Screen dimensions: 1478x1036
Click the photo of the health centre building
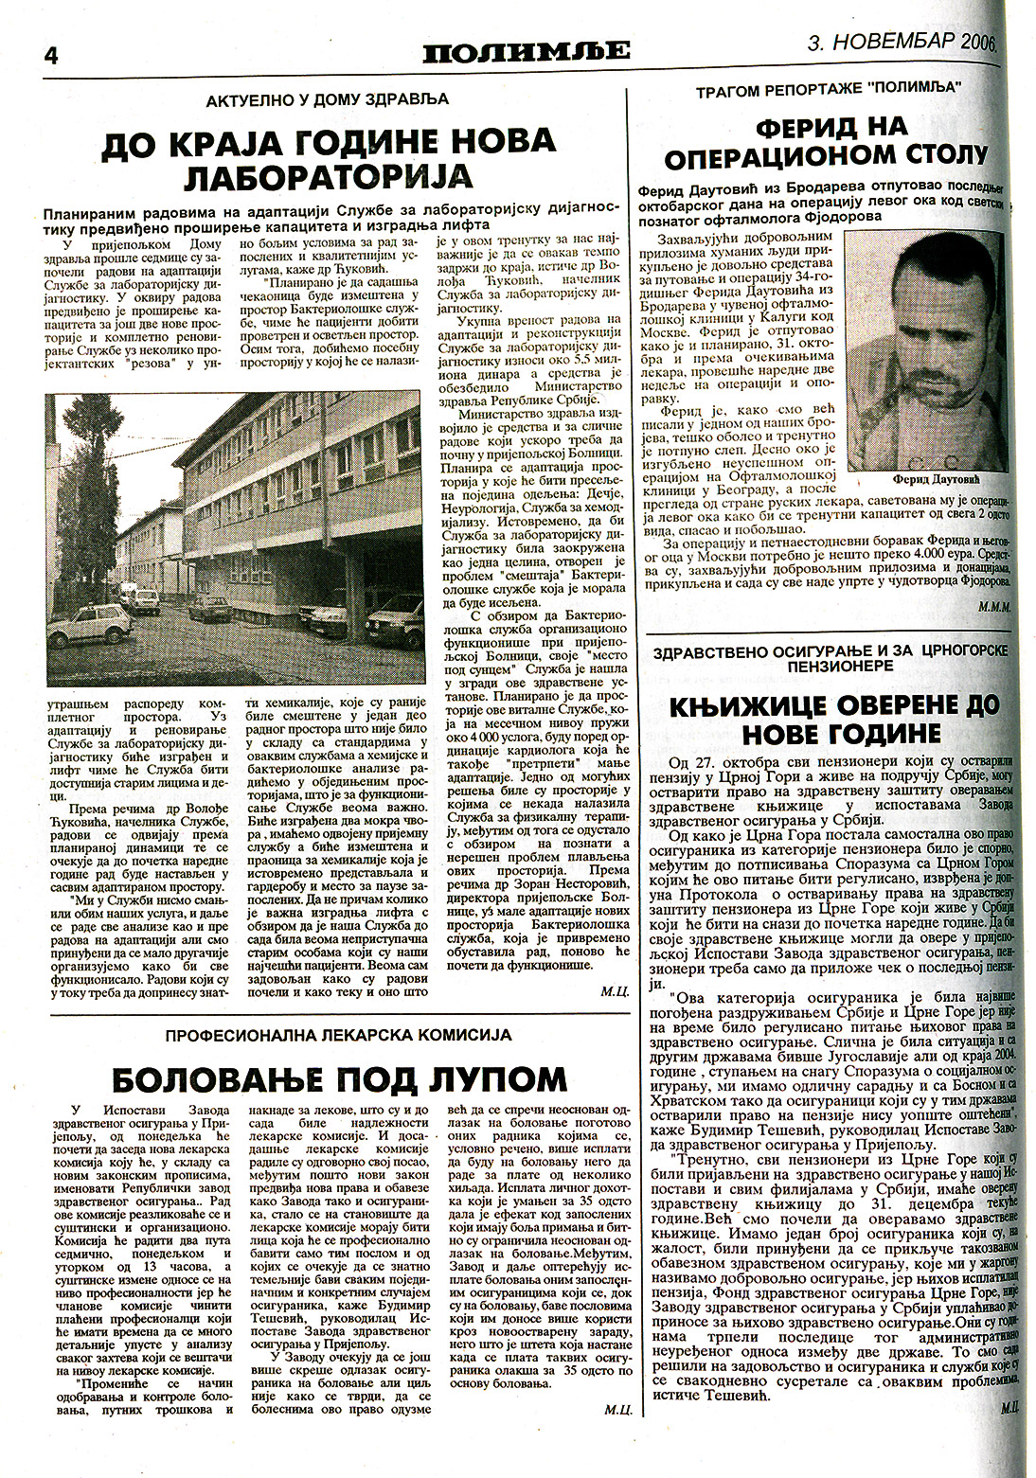coord(233,540)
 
